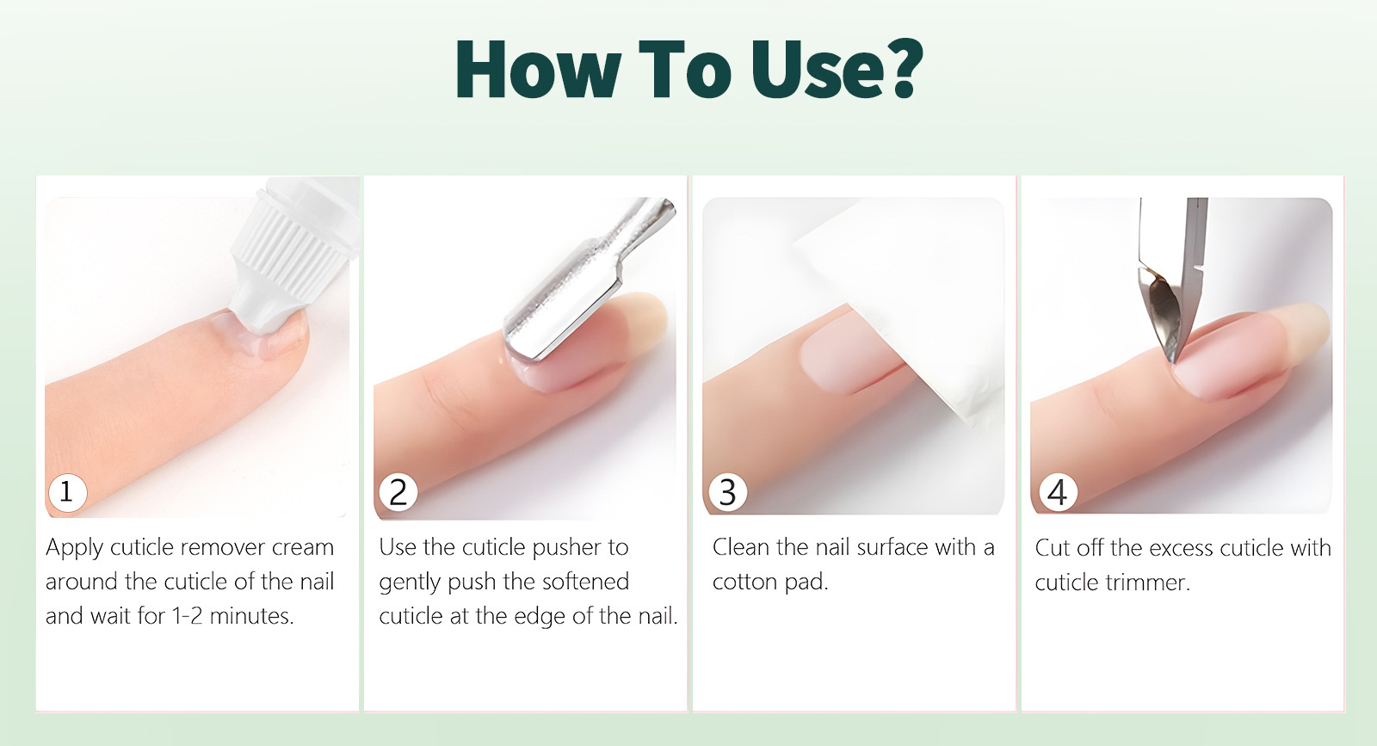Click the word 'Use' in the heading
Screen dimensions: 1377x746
814,69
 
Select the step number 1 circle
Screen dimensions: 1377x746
68,492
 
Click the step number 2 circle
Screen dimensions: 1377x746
398,492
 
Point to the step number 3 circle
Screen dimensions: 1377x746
728,492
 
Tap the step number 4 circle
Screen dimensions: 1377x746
1058,492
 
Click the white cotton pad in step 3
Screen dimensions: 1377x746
904,295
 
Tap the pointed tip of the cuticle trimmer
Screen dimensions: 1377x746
1174,361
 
